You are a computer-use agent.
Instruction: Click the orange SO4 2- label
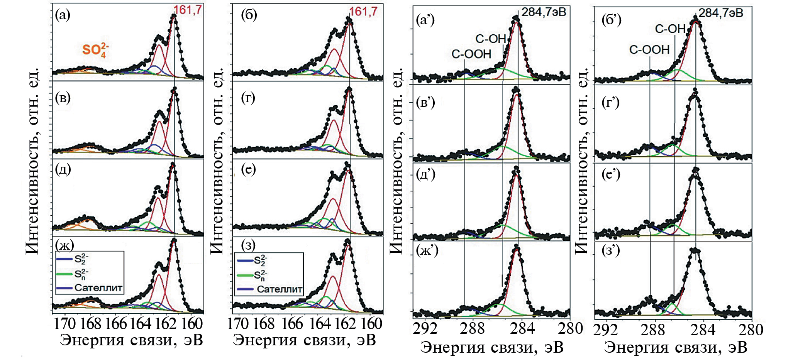pos(95,50)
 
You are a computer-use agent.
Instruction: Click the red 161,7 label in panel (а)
pos(188,10)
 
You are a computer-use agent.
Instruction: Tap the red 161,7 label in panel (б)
pos(363,12)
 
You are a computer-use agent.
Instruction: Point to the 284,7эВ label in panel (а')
pos(544,12)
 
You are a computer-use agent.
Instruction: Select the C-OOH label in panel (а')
pos(471,54)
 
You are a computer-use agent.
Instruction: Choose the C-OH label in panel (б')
pos(670,29)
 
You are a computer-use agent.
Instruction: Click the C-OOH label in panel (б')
pos(649,50)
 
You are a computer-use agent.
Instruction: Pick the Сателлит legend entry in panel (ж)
pos(98,288)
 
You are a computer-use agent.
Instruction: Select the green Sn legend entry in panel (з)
pos(260,275)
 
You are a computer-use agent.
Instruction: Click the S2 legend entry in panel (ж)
pos(81,259)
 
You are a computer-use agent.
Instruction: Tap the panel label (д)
pos(63,169)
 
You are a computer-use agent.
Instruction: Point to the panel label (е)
pos(248,169)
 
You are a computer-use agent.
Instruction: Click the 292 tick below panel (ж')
pos(425,328)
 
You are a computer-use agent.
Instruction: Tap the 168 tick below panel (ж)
pos(90,323)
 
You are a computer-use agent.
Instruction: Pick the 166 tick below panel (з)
pos(292,323)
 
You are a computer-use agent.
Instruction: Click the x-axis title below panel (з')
pos(675,347)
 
